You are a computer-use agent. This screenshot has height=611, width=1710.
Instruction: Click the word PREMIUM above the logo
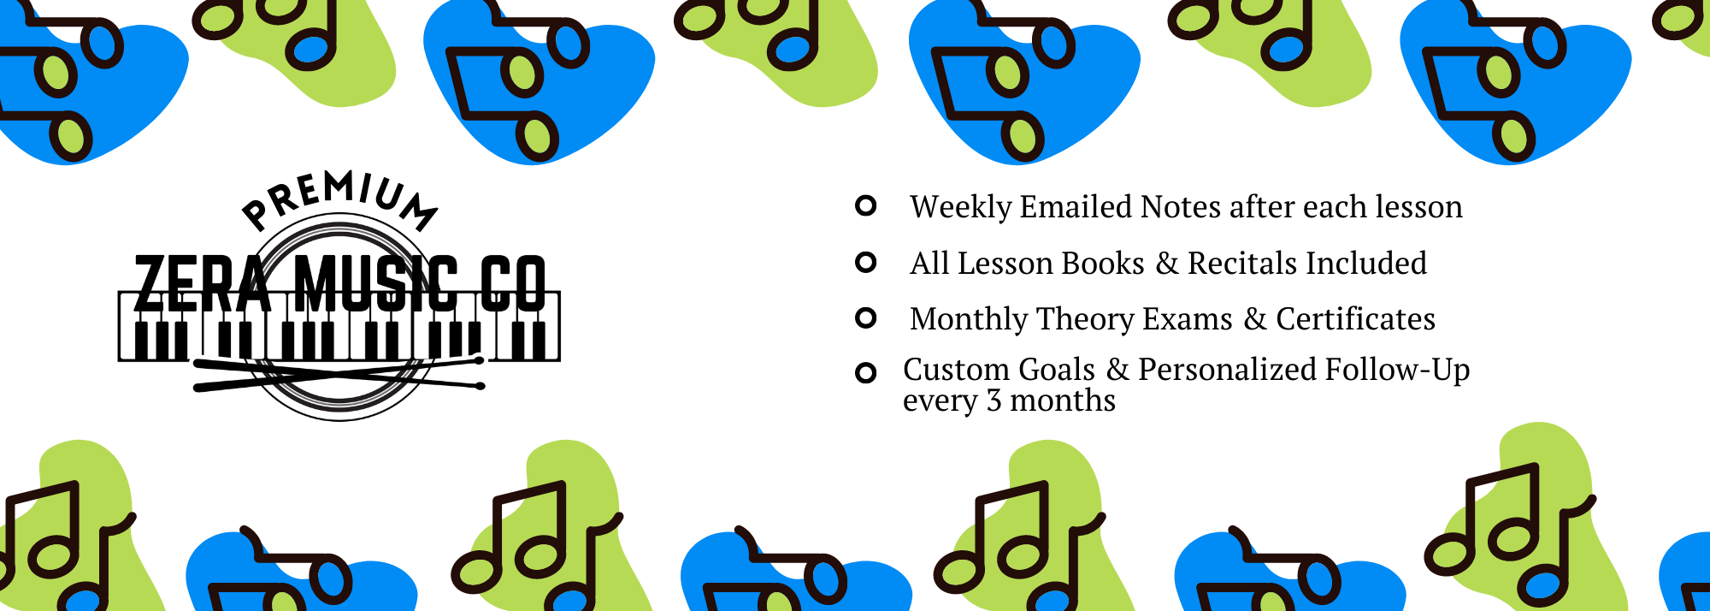pyautogui.click(x=339, y=199)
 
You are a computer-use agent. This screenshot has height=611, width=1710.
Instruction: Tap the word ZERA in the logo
pyautogui.click(x=203, y=283)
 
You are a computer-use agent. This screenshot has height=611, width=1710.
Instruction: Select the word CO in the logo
pyautogui.click(x=512, y=283)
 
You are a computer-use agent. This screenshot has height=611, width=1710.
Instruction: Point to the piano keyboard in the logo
pyautogui.click(x=339, y=326)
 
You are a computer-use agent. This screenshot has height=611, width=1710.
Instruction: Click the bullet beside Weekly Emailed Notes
pyautogui.click(x=866, y=205)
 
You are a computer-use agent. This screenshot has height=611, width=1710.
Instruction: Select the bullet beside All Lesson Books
pyautogui.click(x=866, y=262)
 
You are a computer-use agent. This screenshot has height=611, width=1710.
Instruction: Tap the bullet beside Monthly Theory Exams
pyautogui.click(x=866, y=318)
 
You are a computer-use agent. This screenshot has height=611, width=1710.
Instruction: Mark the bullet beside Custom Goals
pyautogui.click(x=866, y=373)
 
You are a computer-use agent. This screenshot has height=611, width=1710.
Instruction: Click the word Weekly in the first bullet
pyautogui.click(x=961, y=208)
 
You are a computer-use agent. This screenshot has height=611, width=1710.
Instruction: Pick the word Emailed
pyautogui.click(x=1076, y=207)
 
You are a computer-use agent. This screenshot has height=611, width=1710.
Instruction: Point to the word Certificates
pyautogui.click(x=1356, y=319)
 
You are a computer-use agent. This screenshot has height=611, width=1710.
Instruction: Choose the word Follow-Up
pyautogui.click(x=1397, y=370)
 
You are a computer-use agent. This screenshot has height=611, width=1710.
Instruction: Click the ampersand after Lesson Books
pyautogui.click(x=1167, y=264)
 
